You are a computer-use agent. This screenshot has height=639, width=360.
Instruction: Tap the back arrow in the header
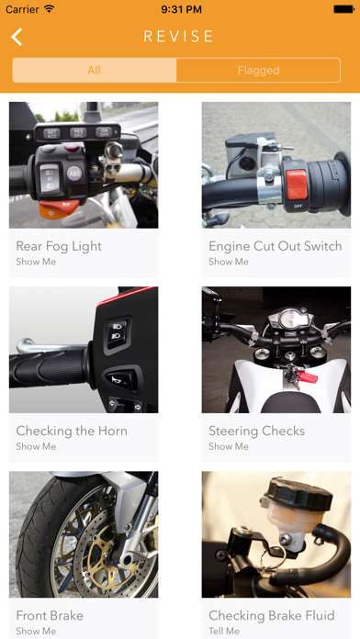[x=17, y=37]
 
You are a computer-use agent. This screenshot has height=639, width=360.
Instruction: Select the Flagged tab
[x=258, y=70]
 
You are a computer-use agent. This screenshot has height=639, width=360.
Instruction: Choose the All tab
[x=95, y=70]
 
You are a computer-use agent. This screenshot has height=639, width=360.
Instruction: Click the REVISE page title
[x=178, y=37]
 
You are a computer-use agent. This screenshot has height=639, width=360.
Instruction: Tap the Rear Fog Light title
[x=59, y=246]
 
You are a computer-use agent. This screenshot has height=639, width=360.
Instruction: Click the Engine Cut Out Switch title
[x=276, y=246]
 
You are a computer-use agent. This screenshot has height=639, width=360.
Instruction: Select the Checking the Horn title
[x=72, y=431]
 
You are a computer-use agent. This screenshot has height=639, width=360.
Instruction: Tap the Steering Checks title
[x=257, y=431]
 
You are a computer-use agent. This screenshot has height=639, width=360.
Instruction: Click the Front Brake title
[x=50, y=615]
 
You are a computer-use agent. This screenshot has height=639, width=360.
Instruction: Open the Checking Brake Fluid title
[x=272, y=615]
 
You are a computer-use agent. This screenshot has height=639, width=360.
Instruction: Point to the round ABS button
[x=73, y=174]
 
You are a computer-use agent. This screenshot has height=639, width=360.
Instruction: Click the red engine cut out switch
[x=296, y=185]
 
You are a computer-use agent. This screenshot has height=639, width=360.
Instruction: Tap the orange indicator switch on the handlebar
[x=59, y=207]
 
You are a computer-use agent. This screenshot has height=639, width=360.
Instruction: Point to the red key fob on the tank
[x=307, y=376]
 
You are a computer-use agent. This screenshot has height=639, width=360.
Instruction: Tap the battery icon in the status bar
[x=343, y=9]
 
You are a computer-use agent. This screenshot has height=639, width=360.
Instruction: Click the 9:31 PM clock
[x=181, y=9]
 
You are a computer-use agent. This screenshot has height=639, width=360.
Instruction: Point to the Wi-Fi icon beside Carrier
[x=50, y=8]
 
